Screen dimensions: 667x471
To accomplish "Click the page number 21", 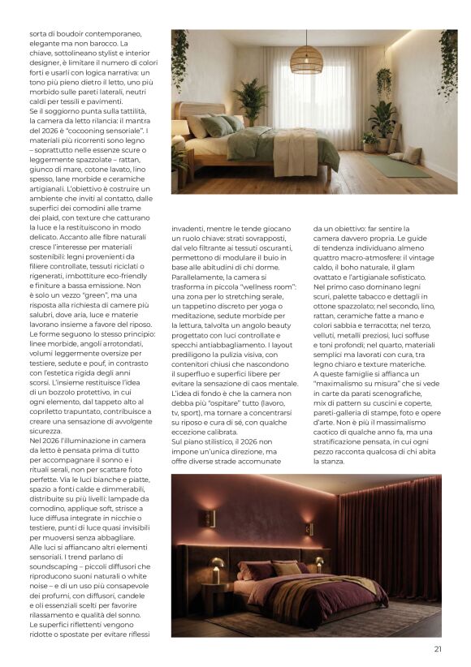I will pos(438,648).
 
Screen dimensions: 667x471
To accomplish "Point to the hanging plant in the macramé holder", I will pos(384,81).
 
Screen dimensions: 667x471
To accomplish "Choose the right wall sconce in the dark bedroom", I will pos(309,528).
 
